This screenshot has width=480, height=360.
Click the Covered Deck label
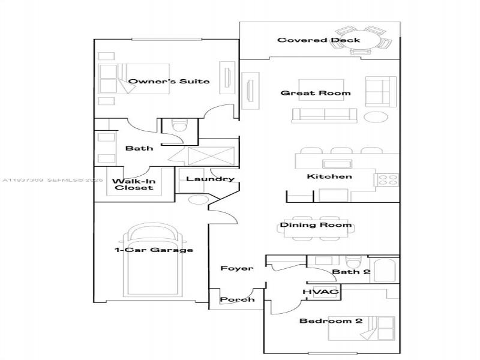coord(319,40)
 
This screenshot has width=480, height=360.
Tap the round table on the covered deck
coord(363,40)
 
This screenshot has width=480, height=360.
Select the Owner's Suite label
coord(169,81)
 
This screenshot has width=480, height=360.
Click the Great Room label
coord(316,93)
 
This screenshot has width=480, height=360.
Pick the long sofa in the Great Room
coord(325,114)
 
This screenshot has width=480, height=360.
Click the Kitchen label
coord(329,176)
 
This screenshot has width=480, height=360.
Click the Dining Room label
coord(316,225)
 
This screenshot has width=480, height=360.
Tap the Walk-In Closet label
coord(133,184)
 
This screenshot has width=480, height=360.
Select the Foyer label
coord(236,268)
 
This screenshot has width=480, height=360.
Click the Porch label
coord(237,299)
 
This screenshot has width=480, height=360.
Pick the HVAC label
coord(321,292)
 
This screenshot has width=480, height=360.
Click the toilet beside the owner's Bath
coord(179,127)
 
